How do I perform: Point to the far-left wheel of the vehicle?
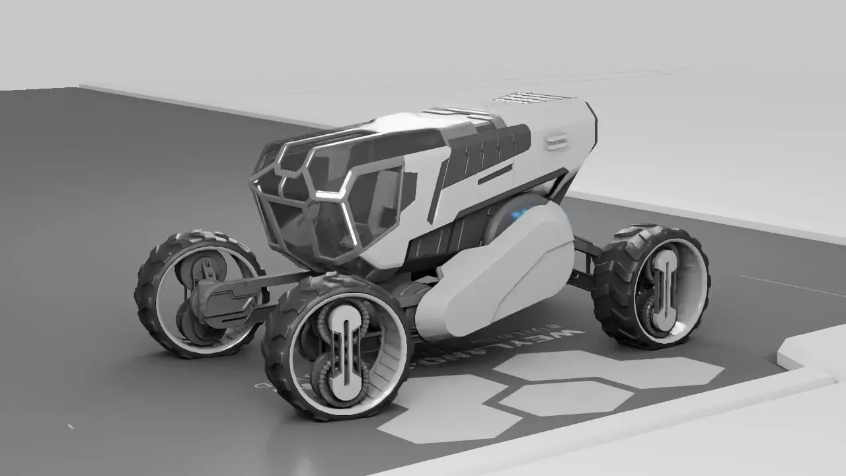[198, 294]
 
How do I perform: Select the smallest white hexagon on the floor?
[566, 398]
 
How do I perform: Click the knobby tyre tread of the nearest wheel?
[278, 357]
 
